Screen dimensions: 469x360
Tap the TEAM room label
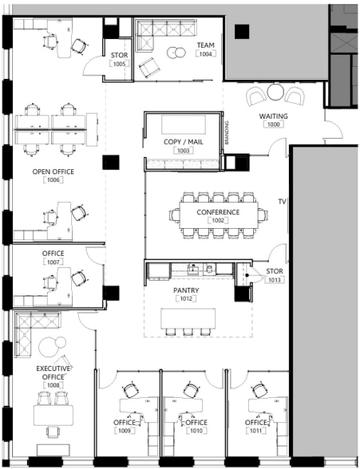point(207,45)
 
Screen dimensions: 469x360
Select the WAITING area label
point(274,116)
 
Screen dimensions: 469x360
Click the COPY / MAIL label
point(183,141)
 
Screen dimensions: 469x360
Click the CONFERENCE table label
point(219,212)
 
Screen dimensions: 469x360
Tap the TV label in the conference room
point(282,203)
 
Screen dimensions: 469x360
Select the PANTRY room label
point(186,291)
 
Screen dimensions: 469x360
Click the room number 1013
point(275,281)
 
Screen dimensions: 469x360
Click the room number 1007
point(54,262)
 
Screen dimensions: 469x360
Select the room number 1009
point(125,432)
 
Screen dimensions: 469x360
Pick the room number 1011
point(256,432)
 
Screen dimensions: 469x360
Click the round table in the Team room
point(176,53)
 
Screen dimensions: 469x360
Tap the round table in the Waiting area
point(275,93)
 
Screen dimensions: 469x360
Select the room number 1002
point(219,221)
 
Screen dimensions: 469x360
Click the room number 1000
point(274,124)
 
